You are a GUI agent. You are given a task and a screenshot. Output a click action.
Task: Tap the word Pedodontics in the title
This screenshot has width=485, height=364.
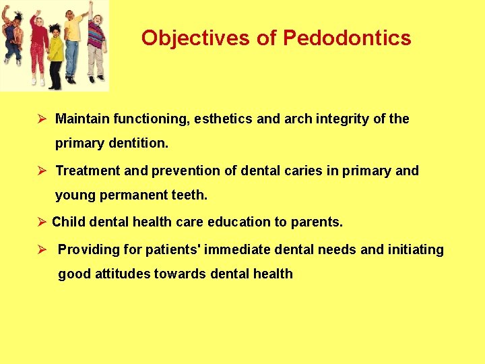coord(347,38)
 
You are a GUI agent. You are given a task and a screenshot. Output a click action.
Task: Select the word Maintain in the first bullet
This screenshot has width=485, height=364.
coord(82,119)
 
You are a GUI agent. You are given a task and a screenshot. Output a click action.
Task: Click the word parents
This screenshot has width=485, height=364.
coord(317,222)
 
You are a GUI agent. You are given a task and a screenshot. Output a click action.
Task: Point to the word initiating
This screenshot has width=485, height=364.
coord(416,250)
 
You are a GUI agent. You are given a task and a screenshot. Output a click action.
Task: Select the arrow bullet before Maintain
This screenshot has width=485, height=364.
coord(42,119)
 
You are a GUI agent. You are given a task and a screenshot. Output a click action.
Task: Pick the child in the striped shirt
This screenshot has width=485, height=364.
coord(96,37)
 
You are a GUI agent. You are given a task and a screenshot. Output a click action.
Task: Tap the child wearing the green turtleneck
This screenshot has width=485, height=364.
coord(56,51)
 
